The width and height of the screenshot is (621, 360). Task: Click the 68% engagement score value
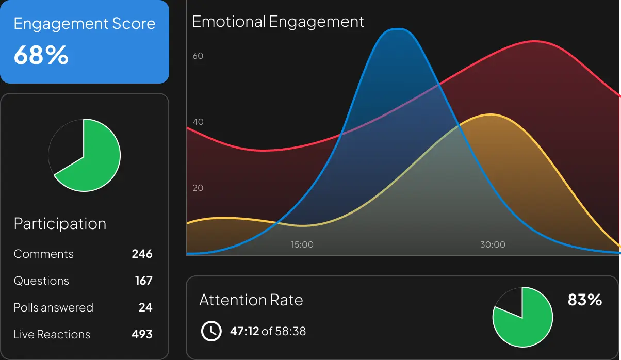coord(41,55)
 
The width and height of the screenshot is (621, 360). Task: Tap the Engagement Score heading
coord(84,24)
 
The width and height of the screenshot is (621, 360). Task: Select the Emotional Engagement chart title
coord(278,22)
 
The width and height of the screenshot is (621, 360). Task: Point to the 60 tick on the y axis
coord(198,56)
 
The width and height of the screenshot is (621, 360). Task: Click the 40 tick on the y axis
coord(198,122)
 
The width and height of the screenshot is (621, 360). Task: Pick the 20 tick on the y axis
coord(198,188)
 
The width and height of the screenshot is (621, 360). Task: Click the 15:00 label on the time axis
coord(302,244)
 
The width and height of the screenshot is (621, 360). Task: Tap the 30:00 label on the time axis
coord(493,244)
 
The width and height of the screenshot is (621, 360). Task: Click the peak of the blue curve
coord(397,29)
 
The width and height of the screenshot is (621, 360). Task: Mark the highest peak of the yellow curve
coord(491,114)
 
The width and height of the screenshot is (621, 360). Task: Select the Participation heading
coord(60,224)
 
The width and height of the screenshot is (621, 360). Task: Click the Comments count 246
coord(142,254)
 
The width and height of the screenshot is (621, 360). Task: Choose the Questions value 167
coord(143,281)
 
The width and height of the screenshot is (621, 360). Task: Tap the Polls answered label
coord(54,307)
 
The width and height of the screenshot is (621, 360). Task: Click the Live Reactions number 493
coord(142,334)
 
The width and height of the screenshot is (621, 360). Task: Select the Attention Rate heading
coord(251,300)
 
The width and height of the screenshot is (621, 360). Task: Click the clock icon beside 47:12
coord(211,331)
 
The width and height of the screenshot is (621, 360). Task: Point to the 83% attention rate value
coord(584,300)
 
